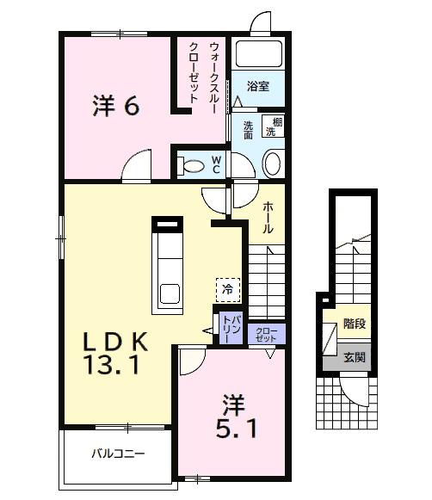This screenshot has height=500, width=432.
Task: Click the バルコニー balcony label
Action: [119, 454]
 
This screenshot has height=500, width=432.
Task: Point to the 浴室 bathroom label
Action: [258, 87]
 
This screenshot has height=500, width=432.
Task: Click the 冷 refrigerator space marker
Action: [228, 291]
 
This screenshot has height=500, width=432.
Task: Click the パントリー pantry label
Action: [231, 329]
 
